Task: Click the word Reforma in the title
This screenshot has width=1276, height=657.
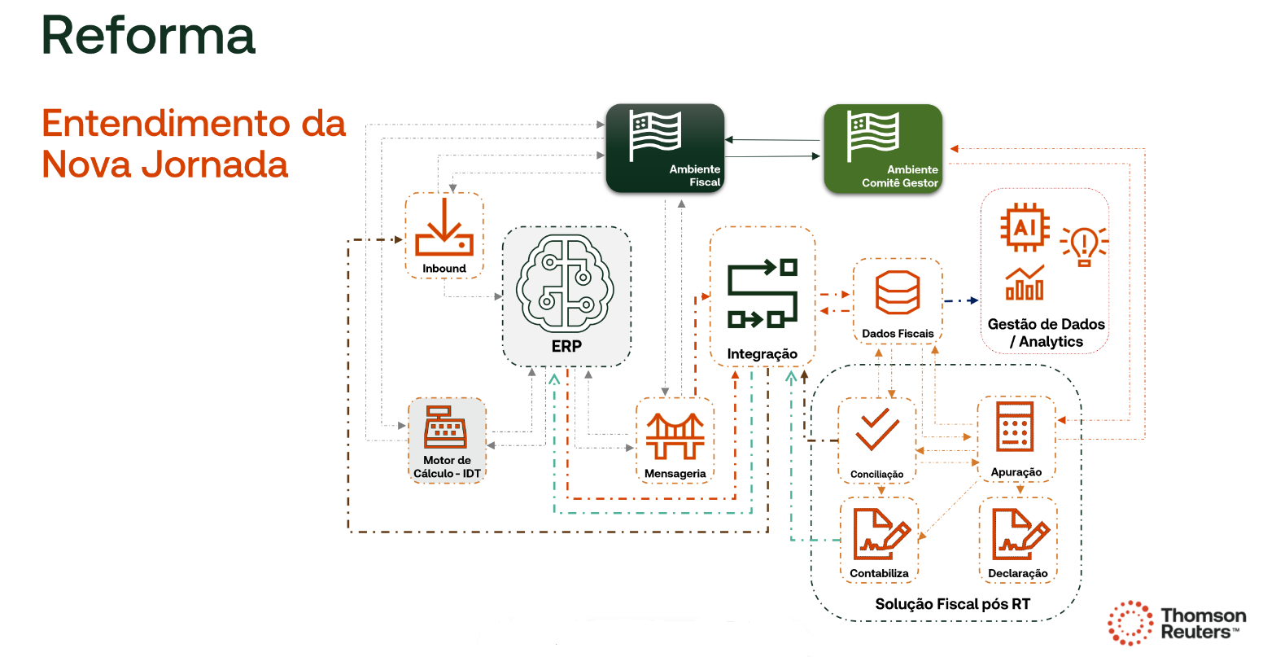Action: [149, 36]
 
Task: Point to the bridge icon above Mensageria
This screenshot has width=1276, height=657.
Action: [675, 436]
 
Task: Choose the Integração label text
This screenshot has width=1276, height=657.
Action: [762, 354]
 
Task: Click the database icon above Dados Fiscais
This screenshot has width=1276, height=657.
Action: [898, 293]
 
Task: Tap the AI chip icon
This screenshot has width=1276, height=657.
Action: [1025, 227]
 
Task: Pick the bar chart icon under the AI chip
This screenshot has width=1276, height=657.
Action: [1025, 283]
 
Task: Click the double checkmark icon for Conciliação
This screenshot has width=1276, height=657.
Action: [877, 431]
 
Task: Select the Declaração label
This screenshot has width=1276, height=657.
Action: [1017, 573]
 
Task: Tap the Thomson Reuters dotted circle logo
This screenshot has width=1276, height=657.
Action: [1130, 623]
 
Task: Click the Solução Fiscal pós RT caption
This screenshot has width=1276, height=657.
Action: [952, 604]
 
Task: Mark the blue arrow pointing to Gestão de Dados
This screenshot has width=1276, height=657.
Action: [962, 301]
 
